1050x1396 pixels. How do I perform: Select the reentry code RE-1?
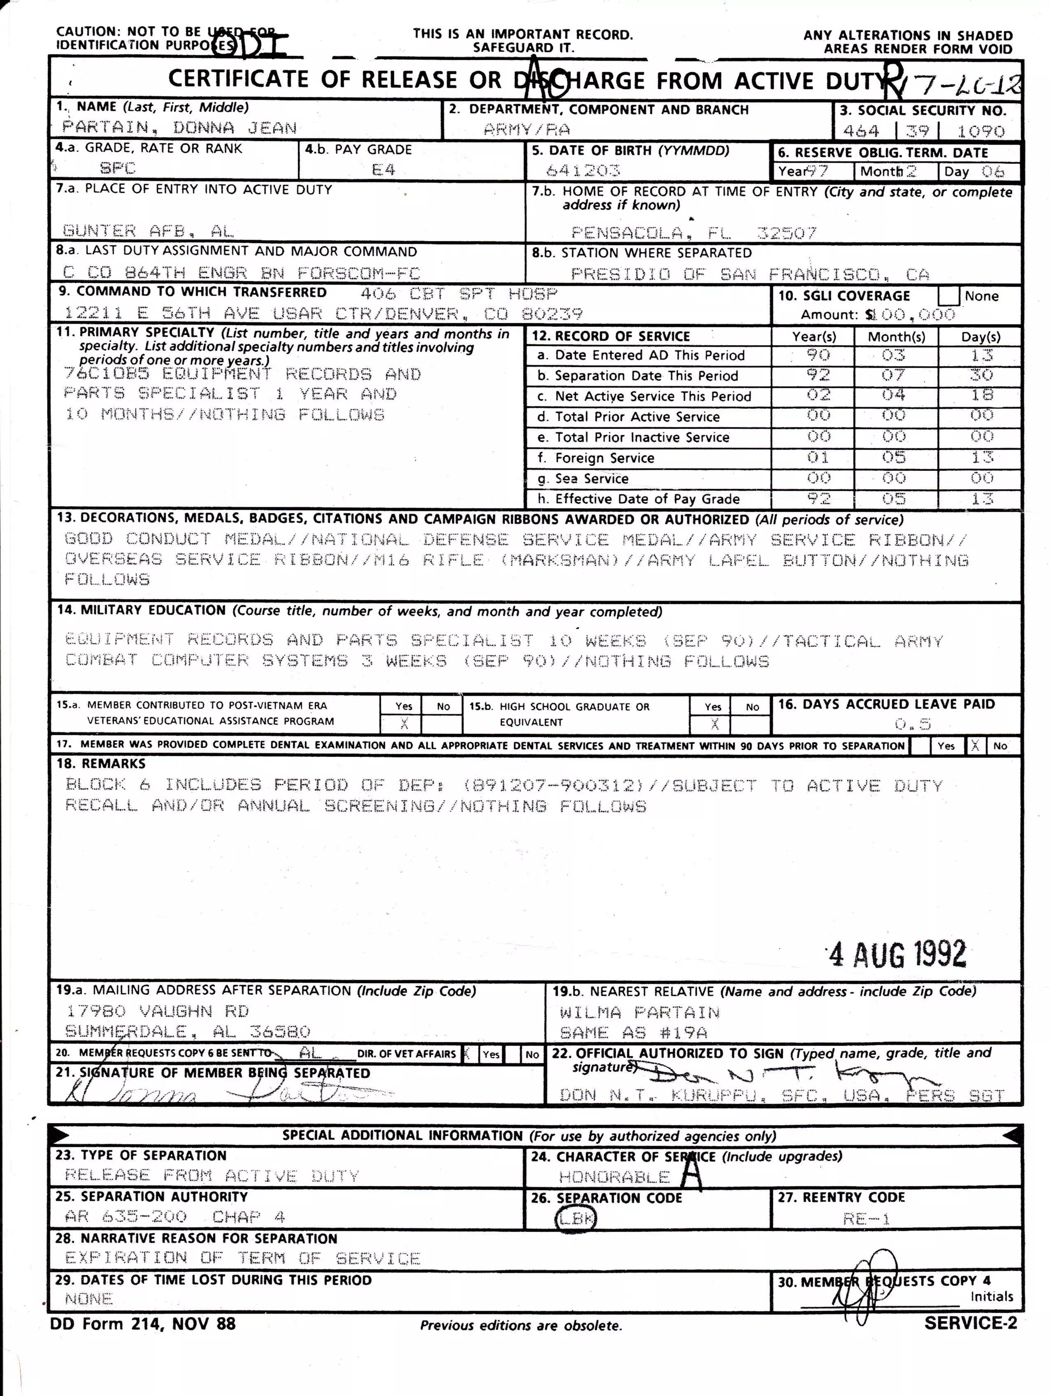(x=866, y=1219)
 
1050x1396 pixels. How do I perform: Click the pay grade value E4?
(x=383, y=169)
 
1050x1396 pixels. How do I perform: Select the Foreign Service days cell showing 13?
(x=982, y=457)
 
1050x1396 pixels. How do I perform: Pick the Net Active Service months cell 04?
(x=894, y=395)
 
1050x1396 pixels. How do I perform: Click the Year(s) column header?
(x=814, y=336)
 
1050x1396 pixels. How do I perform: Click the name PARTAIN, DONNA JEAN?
(x=179, y=128)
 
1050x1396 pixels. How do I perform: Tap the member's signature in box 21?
(x=214, y=1092)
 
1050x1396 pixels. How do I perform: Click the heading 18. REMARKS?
(x=101, y=764)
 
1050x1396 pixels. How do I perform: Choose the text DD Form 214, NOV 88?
(x=143, y=1323)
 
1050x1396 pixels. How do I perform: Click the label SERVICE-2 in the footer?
(x=971, y=1323)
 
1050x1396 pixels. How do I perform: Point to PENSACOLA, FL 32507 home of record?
(x=694, y=233)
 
